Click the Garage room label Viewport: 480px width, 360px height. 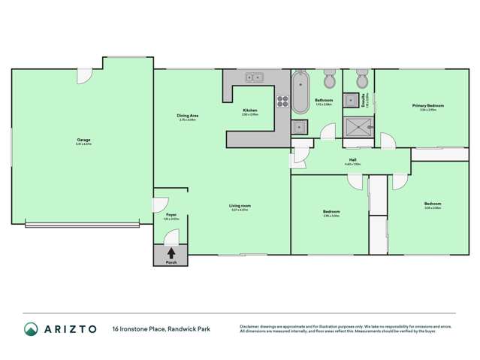pos(83,141)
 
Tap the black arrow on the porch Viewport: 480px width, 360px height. pos(171,253)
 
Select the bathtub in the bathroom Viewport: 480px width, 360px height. pos(300,92)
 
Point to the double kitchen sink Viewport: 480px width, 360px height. pos(253,77)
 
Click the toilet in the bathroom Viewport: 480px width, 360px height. pos(330,80)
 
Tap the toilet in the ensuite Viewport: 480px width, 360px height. pos(362,79)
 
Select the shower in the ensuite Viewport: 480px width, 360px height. pos(358,127)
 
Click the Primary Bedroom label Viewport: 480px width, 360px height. pos(427,107)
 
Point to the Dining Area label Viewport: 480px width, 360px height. pos(186,116)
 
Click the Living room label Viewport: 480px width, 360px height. pos(240,207)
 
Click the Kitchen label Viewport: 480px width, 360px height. pos(249,111)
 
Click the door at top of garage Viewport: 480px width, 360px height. pos(84,75)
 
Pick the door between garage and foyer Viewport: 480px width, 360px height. pos(158,203)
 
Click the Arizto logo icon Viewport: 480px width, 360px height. pos(30,328)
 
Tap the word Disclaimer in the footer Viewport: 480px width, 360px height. pos(251,325)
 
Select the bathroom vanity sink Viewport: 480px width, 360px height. pos(299,126)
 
